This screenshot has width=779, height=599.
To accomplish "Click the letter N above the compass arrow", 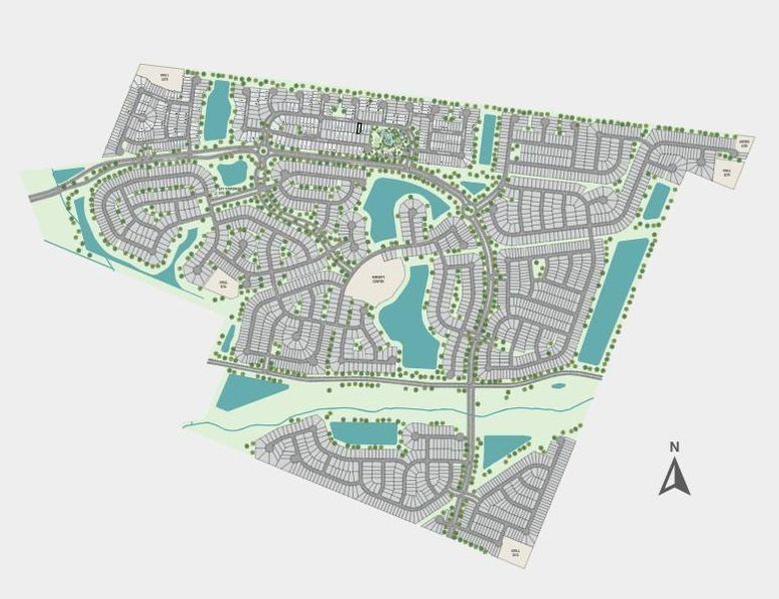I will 674,446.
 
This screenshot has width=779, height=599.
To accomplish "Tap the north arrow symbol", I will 675,476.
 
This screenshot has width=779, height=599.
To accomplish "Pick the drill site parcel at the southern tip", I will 515,552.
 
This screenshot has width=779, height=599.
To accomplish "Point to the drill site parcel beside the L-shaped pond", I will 222,285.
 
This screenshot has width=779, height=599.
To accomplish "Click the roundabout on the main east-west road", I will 263,151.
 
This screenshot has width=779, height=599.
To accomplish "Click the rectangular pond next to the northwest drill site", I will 217,111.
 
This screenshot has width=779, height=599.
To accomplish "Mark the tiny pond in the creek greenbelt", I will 557,385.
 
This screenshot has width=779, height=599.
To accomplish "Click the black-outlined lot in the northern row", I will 360,128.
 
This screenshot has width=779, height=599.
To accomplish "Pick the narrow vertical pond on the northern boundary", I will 487,139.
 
